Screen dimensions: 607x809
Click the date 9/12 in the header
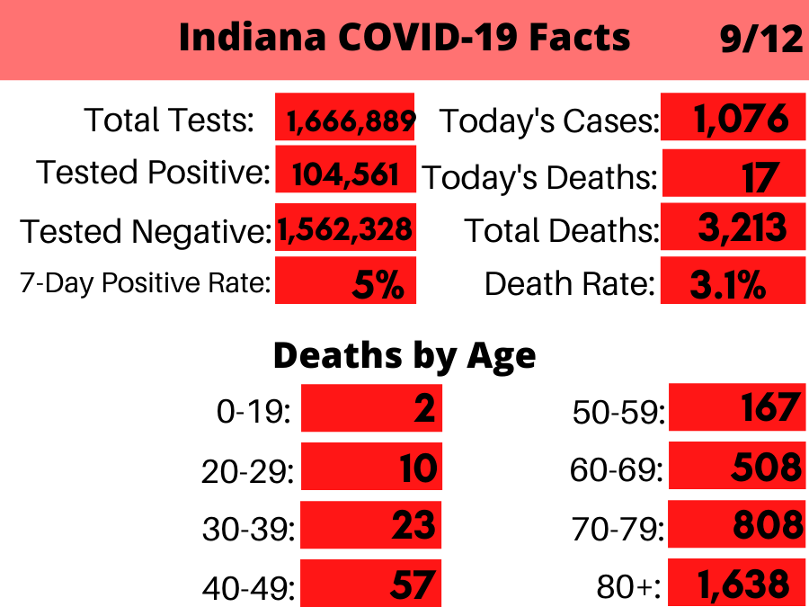click(760, 40)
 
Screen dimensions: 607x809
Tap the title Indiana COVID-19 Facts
click(404, 39)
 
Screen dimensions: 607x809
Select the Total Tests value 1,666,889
click(351, 121)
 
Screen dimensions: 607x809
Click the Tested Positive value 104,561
click(345, 173)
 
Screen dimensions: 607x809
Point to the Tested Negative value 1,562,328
click(345, 230)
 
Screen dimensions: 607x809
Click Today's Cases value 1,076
click(741, 119)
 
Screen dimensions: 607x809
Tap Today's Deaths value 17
click(760, 176)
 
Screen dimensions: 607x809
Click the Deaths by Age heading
click(404, 356)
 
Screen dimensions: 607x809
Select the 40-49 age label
click(248, 587)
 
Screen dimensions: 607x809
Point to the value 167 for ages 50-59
click(769, 407)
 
